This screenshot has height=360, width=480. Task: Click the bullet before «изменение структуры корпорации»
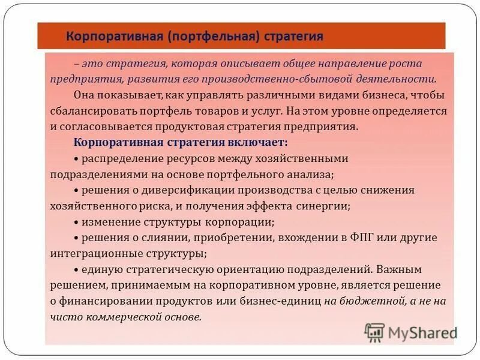click(x=77, y=222)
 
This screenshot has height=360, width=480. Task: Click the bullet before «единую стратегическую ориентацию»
click(x=77, y=269)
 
